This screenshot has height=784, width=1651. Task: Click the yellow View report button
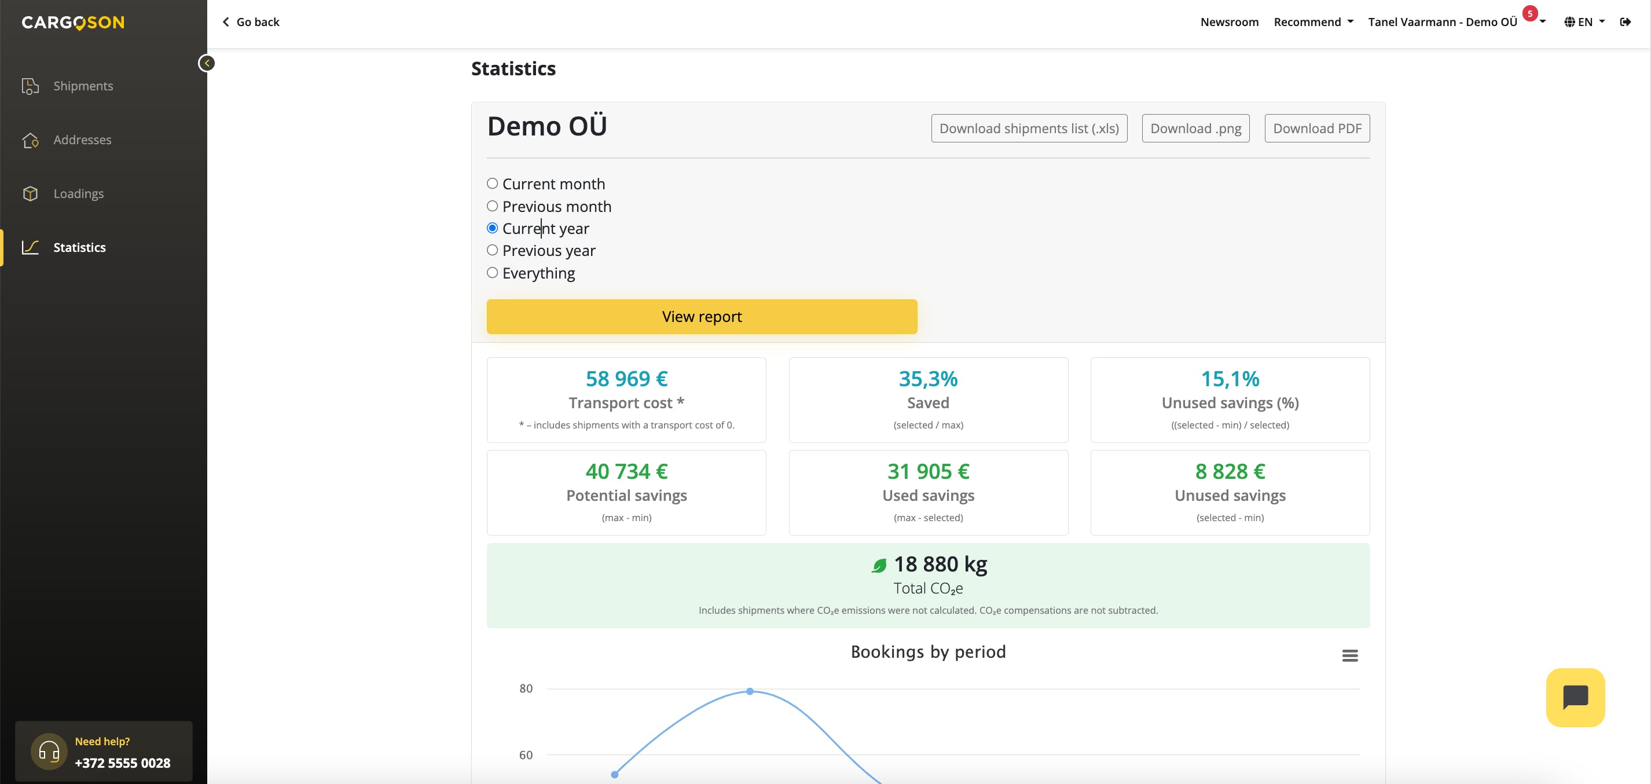coord(702,317)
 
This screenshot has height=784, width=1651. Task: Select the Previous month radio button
coord(492,206)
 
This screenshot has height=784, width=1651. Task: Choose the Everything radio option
coord(492,273)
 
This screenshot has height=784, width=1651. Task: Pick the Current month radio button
coord(492,184)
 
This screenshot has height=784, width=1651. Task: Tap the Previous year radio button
coord(492,251)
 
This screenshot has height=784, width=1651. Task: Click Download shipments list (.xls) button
coord(1029,128)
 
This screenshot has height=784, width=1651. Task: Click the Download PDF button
coord(1317,128)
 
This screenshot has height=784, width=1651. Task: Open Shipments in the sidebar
coord(83,86)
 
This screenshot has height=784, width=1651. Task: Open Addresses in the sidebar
coord(82,140)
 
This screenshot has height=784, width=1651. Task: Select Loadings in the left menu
coord(78,193)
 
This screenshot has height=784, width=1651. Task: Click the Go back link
coord(251,22)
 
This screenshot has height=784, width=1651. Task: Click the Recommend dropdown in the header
coord(1314,22)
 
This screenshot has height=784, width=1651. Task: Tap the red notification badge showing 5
coord(1530,13)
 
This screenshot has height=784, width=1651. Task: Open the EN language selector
coord(1584,22)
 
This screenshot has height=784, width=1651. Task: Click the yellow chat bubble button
coord(1575,698)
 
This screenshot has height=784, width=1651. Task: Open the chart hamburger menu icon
coord(1350,655)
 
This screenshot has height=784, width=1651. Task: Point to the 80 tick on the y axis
coord(526,688)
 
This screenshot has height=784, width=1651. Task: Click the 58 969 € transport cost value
coord(626,379)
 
